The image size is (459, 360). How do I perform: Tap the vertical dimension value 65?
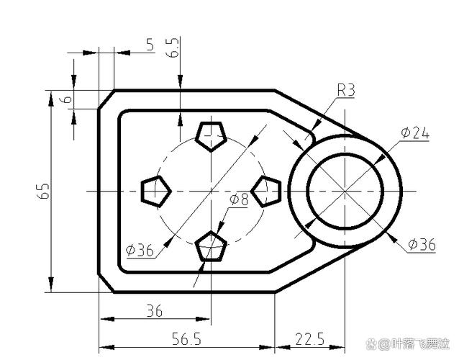(44, 191)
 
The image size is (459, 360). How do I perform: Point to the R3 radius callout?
(346, 90)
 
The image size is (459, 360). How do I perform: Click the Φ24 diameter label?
(415, 132)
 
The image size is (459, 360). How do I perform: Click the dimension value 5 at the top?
(150, 45)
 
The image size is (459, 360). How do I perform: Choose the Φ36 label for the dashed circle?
(140, 251)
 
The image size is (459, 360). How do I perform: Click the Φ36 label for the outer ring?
(421, 245)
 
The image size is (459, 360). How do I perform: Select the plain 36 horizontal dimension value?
(154, 311)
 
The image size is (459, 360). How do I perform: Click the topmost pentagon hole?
(210, 135)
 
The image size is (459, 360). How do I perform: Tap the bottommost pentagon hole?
(210, 246)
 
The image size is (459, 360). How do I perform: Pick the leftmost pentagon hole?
(155, 191)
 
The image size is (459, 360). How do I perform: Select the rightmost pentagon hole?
(265, 191)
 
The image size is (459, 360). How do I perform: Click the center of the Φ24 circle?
(345, 191)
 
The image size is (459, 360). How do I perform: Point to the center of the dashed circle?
(210, 191)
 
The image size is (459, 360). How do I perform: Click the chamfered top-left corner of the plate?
(107, 99)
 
